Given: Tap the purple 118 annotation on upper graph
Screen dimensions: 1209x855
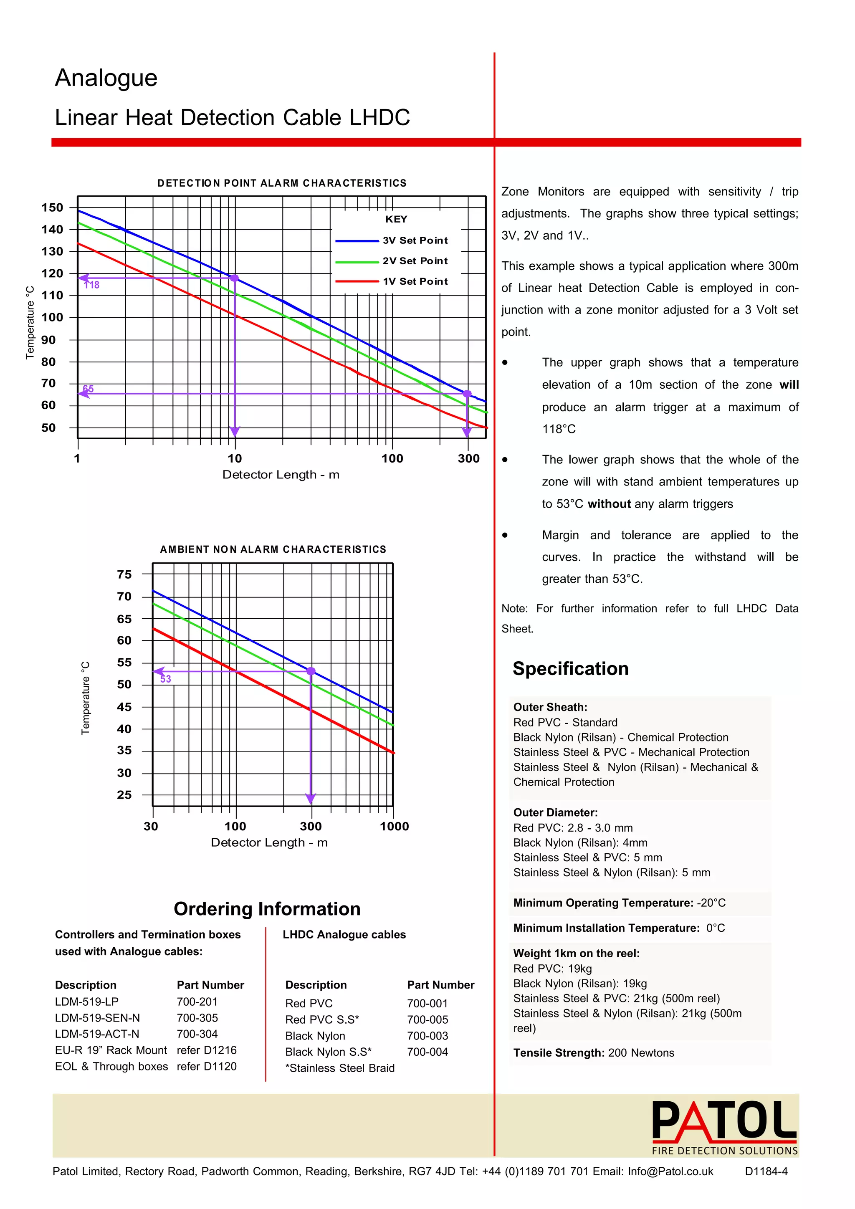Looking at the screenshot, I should [92, 285].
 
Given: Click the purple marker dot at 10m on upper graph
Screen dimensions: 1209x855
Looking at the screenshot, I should [235, 278].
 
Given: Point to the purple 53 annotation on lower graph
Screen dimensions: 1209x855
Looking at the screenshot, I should [166, 679].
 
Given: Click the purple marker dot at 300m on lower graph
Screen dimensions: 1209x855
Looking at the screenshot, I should [311, 671].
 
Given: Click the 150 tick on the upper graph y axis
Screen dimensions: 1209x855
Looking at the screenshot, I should [52, 207].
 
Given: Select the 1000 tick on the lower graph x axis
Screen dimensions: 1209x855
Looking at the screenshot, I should [395, 826].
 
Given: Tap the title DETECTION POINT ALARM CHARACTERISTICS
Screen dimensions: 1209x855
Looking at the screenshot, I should [282, 183].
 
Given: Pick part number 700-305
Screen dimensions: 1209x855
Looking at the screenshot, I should [197, 1018].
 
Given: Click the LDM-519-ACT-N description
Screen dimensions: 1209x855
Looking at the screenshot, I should [97, 1034].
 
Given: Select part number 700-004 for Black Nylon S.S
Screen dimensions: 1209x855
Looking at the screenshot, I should [427, 1052].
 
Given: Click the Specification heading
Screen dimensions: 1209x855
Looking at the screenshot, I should [570, 668].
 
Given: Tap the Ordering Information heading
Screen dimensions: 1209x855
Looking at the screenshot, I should [267, 909].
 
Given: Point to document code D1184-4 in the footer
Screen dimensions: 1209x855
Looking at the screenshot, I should [766, 1171].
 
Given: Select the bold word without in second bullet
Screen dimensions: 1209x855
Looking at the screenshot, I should [609, 504].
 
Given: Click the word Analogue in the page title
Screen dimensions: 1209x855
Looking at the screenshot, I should [106, 78].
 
